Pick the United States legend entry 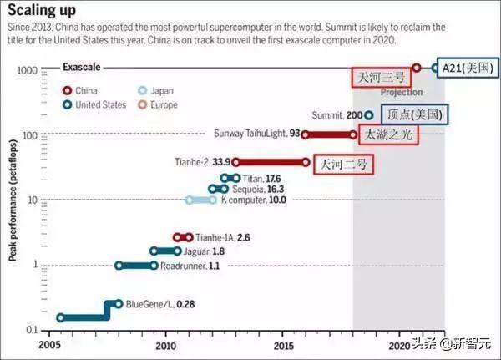(97, 105)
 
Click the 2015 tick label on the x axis (283, 345)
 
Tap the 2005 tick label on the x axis (49, 345)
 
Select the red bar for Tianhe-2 (271, 163)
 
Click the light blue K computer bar (200, 200)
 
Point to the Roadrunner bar (136, 266)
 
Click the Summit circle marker (368, 114)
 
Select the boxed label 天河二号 (342, 164)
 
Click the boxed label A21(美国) (468, 68)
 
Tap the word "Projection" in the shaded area (401, 93)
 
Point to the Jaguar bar (164, 251)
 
